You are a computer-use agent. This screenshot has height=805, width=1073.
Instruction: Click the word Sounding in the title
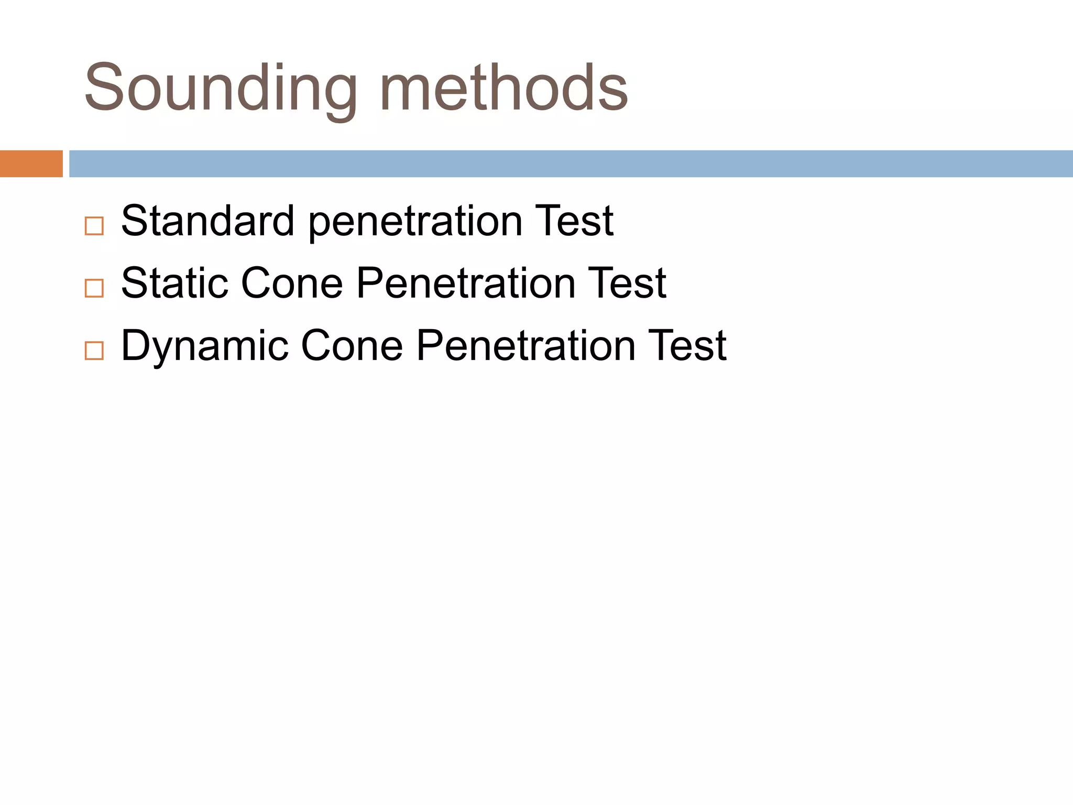coord(220,88)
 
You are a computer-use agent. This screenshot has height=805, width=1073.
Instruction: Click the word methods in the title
coord(503,88)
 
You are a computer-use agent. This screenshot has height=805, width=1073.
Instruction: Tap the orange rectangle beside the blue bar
coord(31,164)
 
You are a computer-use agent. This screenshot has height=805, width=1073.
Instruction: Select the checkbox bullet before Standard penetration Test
coord(94,226)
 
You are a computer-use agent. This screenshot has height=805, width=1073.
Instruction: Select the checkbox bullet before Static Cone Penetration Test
coord(94,288)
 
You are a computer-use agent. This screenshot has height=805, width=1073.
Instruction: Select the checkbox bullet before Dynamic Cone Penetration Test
coord(94,351)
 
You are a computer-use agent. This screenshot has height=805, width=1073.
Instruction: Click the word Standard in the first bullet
coord(207,221)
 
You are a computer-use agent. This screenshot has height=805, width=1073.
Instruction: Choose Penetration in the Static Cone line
coord(466,284)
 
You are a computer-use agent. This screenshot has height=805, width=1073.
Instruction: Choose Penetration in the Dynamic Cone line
coord(526,346)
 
